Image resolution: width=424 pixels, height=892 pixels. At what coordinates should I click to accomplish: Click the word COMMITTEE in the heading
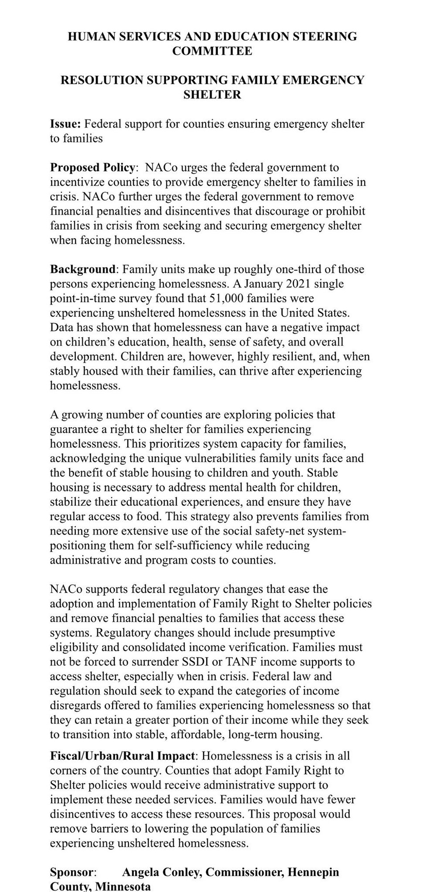(x=212, y=51)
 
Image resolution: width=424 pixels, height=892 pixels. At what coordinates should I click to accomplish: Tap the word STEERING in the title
(x=324, y=37)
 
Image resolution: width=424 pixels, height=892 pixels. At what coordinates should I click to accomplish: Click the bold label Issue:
(x=65, y=124)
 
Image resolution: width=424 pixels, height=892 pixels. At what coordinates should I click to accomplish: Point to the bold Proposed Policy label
(x=92, y=168)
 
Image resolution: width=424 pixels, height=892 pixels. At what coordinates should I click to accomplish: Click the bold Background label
(x=83, y=269)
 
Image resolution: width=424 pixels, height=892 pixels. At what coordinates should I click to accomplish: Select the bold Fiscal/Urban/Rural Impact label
(x=123, y=756)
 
